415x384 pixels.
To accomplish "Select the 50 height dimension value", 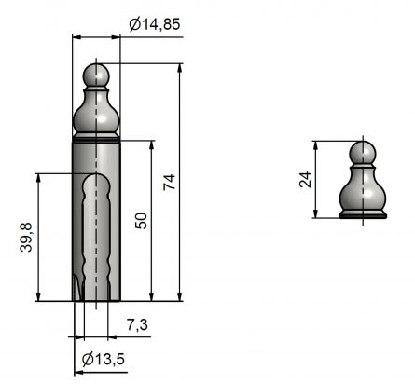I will click(x=140, y=220).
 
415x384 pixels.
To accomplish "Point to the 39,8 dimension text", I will click(x=27, y=237).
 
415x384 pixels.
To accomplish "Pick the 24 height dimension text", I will click(x=305, y=179).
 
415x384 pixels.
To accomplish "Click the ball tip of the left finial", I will click(x=97, y=75).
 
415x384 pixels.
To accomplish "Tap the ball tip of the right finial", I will click(x=364, y=153).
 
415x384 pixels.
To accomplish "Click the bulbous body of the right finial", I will click(x=364, y=192).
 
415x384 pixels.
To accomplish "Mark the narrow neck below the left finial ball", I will click(x=97, y=91).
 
